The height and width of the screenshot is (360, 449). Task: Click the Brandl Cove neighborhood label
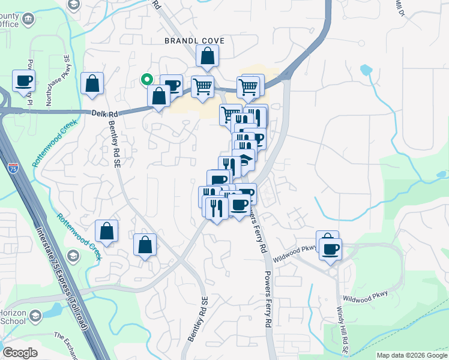point(195,41)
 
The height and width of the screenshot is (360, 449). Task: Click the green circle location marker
point(145,79)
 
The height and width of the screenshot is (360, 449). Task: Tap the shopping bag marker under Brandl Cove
point(207,57)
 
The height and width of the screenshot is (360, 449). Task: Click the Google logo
point(20,353)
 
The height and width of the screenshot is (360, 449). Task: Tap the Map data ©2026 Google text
point(412,355)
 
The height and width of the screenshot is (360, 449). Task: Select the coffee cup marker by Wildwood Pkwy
point(330,248)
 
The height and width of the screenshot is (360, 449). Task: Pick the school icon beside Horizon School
point(35,315)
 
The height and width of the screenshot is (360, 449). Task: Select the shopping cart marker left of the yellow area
point(202,86)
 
